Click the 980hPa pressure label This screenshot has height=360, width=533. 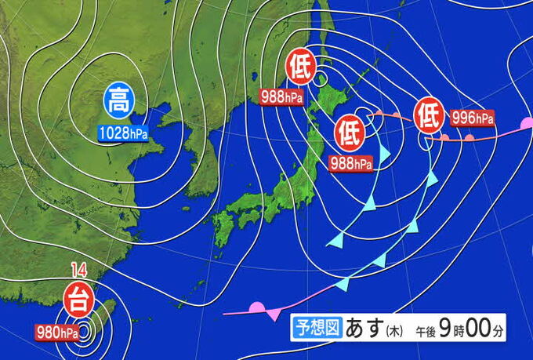(x=56, y=331)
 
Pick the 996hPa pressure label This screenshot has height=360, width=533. (x=473, y=119)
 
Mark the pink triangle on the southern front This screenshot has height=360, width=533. (x=274, y=314)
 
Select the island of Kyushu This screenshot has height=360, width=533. (x=224, y=228)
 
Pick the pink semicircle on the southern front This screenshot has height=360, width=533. (x=256, y=308)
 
